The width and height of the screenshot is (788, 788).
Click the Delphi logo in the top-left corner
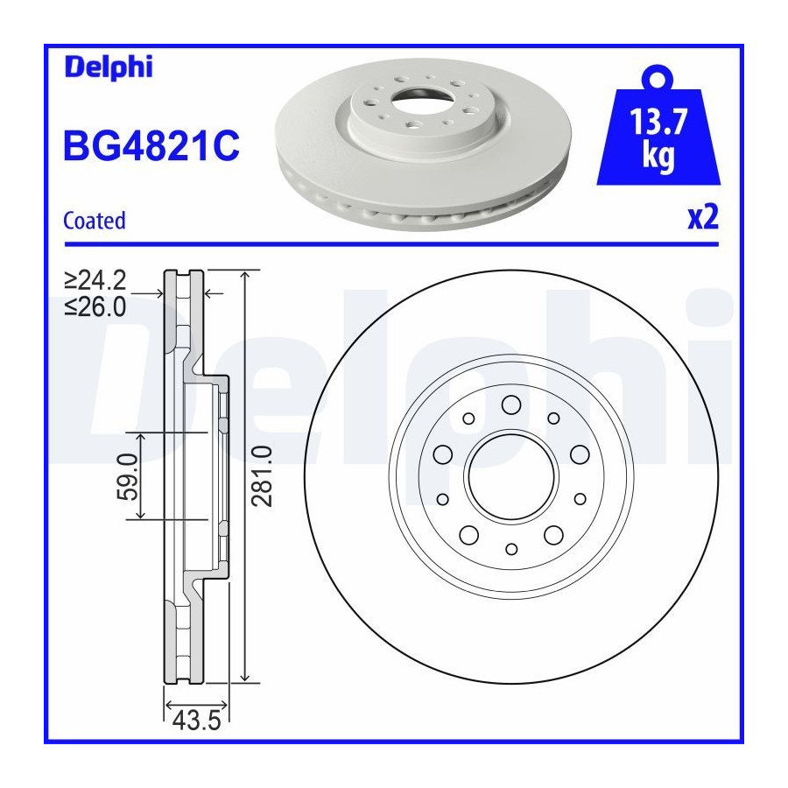pyautogui.click(x=108, y=67)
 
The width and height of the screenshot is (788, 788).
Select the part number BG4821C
pyautogui.click(x=151, y=145)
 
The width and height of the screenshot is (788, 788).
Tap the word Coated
pyautogui.click(x=94, y=221)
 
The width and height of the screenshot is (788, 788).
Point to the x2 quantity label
pyautogui.click(x=703, y=218)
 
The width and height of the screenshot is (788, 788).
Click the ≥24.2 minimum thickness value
pyautogui.click(x=95, y=280)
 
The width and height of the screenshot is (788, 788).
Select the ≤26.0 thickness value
pyautogui.click(x=95, y=306)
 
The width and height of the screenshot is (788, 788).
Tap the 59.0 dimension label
pyautogui.click(x=128, y=476)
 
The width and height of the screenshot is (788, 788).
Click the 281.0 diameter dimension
pyautogui.click(x=262, y=476)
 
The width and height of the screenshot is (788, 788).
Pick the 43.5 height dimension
pyautogui.click(x=196, y=721)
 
